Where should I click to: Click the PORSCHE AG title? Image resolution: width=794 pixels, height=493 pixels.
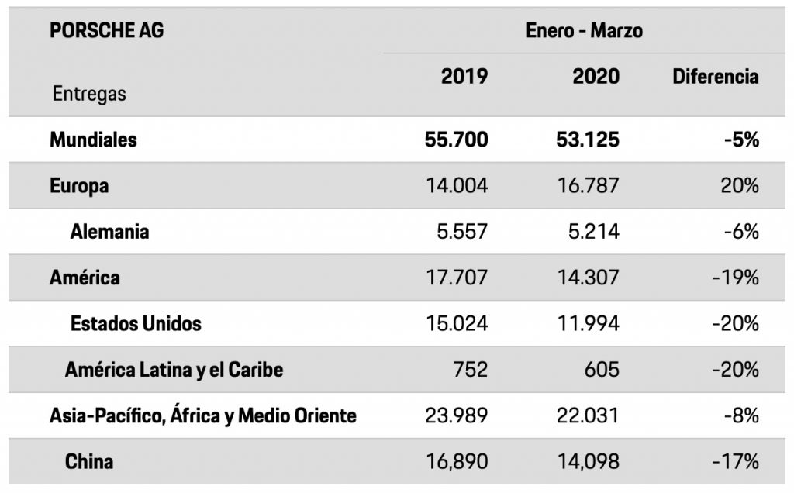click(x=106, y=31)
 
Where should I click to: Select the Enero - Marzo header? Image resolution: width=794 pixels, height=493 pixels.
click(x=585, y=31)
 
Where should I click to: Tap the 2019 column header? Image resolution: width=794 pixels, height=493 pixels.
click(x=464, y=76)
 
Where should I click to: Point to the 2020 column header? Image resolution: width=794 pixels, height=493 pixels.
click(x=595, y=76)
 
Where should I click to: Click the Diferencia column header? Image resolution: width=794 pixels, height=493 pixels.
click(x=715, y=76)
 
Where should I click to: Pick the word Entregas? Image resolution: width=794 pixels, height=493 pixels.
click(x=89, y=94)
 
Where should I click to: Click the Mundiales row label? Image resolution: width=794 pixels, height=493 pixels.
click(x=93, y=140)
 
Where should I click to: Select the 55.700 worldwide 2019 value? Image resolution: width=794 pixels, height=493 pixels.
click(x=456, y=140)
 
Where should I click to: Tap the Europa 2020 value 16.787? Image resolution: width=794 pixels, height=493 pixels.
click(x=587, y=186)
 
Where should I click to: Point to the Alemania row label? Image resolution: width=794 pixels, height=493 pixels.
click(x=109, y=231)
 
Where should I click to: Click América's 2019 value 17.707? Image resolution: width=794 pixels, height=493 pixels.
click(x=457, y=277)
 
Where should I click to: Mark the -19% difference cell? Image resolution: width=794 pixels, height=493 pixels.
click(x=736, y=277)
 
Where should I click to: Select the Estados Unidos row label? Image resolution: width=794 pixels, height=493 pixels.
click(x=136, y=323)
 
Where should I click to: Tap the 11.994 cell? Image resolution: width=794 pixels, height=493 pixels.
click(x=588, y=323)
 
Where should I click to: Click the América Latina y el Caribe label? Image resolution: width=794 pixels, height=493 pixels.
click(x=174, y=369)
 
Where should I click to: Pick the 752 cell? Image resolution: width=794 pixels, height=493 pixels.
click(x=471, y=369)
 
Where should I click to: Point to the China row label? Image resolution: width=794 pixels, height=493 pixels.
click(x=89, y=461)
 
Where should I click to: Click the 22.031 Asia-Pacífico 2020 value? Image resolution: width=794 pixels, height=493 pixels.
click(x=587, y=415)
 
